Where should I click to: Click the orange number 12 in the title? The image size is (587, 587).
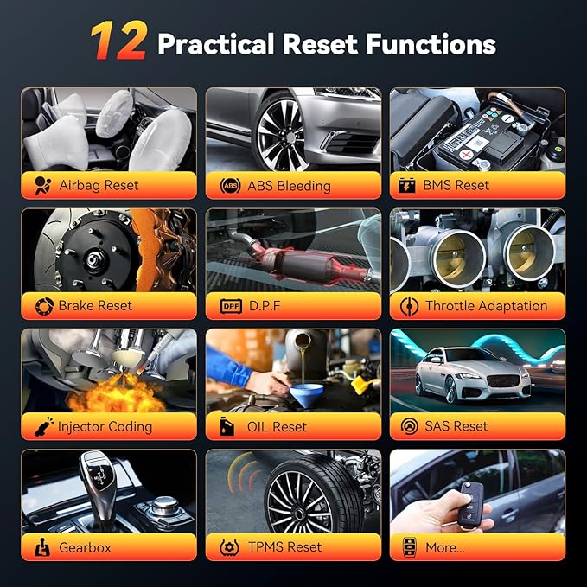coord(118,41)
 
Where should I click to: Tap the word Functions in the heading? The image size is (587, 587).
coord(431,44)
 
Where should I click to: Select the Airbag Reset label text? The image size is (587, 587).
coord(99,185)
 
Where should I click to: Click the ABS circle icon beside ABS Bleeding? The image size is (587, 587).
coord(230,186)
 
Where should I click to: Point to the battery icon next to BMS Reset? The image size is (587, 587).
coord(406,185)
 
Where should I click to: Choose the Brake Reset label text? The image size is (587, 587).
coord(95,306)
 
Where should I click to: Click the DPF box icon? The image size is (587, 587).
coord(231,306)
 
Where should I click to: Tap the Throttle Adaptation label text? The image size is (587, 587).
coord(487,306)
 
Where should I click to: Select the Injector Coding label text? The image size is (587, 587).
coord(105,427)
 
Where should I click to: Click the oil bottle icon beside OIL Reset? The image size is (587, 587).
coord(227,426)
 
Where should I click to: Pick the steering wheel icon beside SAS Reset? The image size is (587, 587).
coord(409,426)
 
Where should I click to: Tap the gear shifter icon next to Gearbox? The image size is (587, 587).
coord(42,547)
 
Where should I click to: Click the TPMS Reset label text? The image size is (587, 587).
coord(285,547)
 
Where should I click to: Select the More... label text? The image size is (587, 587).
coord(445,548)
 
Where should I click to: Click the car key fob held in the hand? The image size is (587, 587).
coord(470,505)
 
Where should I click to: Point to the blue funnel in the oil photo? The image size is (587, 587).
coord(307,394)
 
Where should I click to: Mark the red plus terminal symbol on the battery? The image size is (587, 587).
coord(466,154)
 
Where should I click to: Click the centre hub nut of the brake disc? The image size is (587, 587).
coord(93,258)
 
